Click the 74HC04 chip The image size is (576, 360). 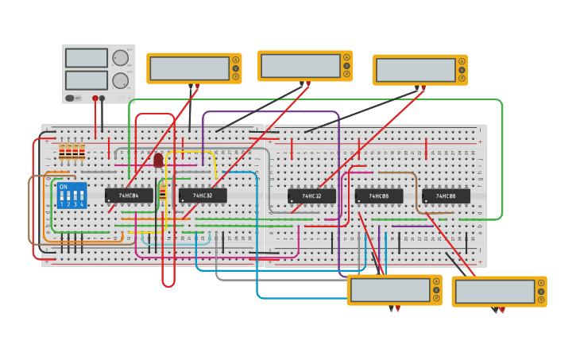(x=129, y=195)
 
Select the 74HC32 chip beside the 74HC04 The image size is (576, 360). (x=202, y=195)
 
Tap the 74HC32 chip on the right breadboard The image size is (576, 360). (x=311, y=195)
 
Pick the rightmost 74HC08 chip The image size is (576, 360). (x=446, y=195)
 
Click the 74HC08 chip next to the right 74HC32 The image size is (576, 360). (x=378, y=195)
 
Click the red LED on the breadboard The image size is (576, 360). (x=158, y=161)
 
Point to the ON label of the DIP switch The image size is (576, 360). (x=64, y=187)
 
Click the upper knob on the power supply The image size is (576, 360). (x=120, y=58)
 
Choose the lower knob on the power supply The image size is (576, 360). (x=120, y=80)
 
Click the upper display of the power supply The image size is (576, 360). (x=86, y=58)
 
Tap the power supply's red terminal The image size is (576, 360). (x=95, y=99)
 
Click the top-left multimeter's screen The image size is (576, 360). (x=188, y=68)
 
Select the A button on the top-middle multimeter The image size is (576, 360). (x=346, y=57)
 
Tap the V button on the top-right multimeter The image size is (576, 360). (x=462, y=70)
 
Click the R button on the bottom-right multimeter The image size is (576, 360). (x=540, y=300)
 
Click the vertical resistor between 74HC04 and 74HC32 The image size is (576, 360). (x=163, y=192)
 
